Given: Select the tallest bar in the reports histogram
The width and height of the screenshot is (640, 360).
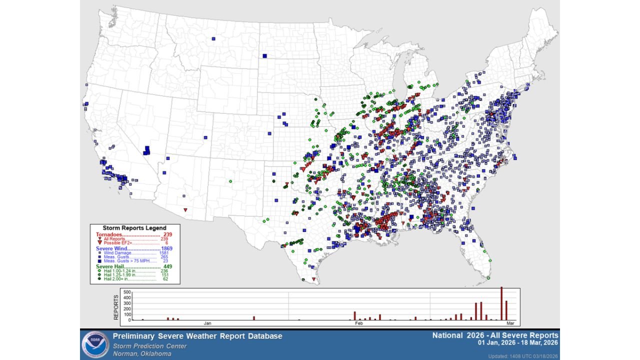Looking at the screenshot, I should click(501, 303).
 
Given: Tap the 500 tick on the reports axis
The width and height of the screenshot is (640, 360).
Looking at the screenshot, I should click(126, 292).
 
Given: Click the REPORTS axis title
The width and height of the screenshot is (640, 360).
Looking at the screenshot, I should click(116, 307).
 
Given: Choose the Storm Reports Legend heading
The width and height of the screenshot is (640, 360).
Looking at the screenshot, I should click(134, 228).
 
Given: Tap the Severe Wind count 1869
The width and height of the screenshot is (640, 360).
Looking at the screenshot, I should click(167, 248).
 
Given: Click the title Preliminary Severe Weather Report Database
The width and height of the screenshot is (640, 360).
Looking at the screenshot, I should click(197, 336).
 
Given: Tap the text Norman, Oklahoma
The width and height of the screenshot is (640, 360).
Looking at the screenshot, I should click(142, 353).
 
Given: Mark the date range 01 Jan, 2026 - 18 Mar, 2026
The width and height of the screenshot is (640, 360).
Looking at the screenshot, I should click(518, 343).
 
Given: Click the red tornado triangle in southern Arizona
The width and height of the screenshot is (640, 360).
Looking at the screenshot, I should click(185, 210).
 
